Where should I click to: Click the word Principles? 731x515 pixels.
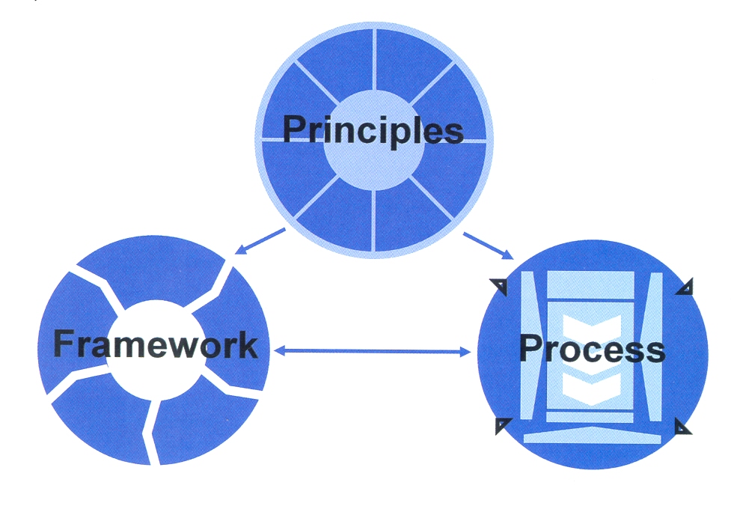(373, 130)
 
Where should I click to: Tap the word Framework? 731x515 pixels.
(155, 345)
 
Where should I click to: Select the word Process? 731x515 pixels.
(591, 349)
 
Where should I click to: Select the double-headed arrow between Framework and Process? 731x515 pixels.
(372, 350)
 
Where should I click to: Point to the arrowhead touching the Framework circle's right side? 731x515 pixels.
(278, 350)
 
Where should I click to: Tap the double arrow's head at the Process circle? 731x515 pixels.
(465, 350)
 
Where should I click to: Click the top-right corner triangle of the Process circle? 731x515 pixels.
(685, 287)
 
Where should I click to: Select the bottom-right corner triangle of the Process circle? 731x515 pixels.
(683, 427)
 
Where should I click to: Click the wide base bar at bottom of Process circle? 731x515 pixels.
(593, 435)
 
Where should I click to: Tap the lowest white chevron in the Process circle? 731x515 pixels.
(592, 386)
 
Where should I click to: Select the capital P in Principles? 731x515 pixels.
(296, 130)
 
